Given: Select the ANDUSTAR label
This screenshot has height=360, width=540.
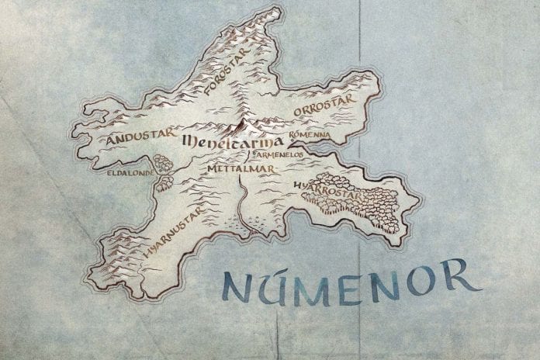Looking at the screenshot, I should [x=137, y=140].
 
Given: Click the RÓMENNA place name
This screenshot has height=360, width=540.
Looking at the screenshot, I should [x=310, y=135].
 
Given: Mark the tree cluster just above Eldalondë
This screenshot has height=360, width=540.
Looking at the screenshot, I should [x=163, y=163].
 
